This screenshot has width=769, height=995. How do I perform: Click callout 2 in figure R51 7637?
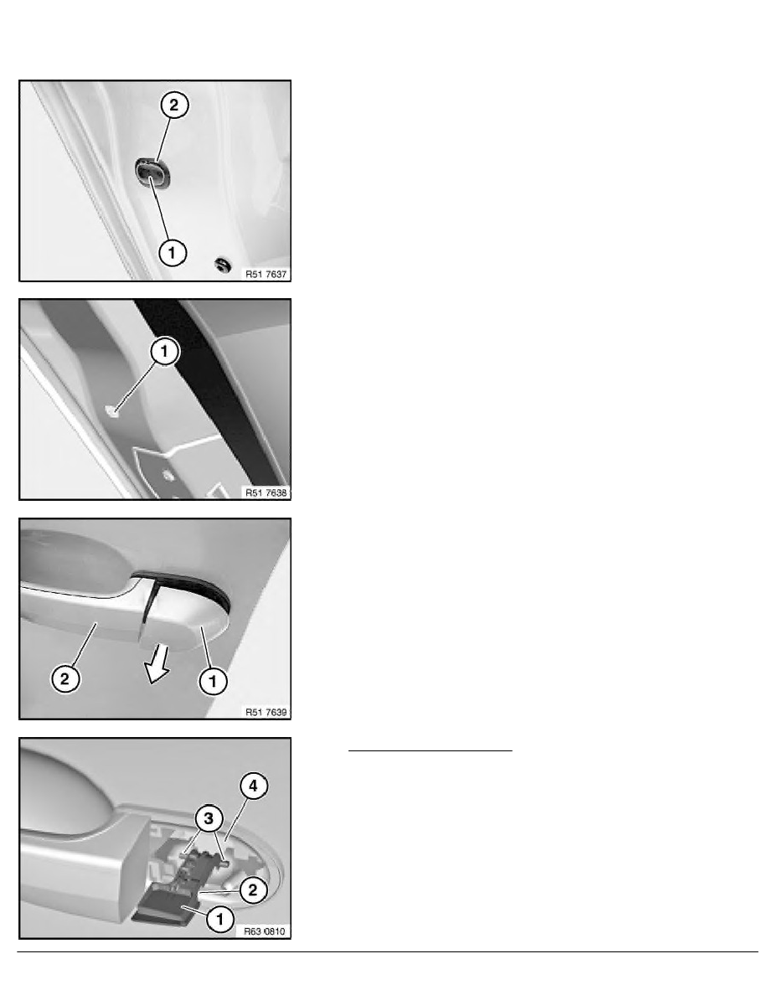coord(174,105)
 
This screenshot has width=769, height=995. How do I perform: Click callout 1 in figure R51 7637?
coord(172,253)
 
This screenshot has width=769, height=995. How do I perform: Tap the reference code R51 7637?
coord(266,274)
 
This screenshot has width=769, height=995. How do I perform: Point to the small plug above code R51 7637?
coord(222,264)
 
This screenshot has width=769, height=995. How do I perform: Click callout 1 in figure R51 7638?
coord(164,351)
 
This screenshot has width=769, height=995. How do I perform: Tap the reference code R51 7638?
coord(266,492)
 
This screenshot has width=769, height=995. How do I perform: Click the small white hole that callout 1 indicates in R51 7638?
coord(112,410)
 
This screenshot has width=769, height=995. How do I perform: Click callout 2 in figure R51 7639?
coord(65,679)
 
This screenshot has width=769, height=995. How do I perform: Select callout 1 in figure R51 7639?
coord(213,682)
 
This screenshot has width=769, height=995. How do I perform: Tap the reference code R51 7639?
coord(266,712)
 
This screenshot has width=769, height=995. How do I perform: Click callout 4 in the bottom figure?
coord(253,786)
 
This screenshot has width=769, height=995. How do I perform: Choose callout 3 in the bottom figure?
coord(208,818)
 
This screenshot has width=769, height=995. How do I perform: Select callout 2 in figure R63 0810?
coord(252,890)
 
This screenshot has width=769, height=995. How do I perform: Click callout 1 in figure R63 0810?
coord(220,918)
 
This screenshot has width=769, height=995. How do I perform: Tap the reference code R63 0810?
coord(266,931)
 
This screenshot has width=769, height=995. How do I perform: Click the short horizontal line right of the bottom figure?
coord(431,750)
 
